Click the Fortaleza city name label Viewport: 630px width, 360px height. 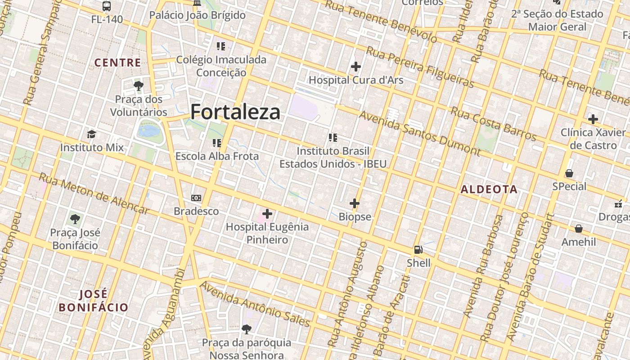click(235, 112)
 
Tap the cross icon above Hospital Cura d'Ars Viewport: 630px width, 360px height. click(355, 67)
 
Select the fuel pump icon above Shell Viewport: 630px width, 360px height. click(418, 250)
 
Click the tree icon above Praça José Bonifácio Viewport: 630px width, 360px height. click(75, 220)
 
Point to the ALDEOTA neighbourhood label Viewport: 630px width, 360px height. click(489, 189)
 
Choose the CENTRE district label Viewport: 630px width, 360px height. click(117, 63)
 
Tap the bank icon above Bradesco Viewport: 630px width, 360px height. click(196, 198)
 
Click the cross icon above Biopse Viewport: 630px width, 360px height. click(355, 203)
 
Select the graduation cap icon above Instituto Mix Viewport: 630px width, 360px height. click(92, 134)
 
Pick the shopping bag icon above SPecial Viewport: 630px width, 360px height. click(569, 173)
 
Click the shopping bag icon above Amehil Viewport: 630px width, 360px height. click(578, 229)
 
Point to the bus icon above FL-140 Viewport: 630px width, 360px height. click(107, 6)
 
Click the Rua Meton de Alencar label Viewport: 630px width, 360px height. click(94, 193)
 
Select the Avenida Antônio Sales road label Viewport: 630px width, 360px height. click(255, 304)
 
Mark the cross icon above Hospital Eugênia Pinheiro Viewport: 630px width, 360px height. click(267, 213)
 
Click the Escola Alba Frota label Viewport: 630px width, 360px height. click(217, 156)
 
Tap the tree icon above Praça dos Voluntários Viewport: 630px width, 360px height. click(139, 85)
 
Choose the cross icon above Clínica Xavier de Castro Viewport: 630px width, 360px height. click(593, 119)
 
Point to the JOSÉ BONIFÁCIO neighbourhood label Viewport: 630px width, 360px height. click(94, 301)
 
